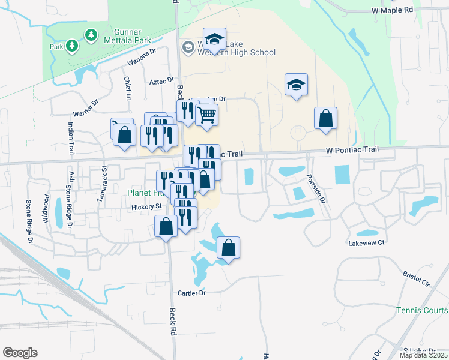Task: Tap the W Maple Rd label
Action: pyautogui.click(x=393, y=10)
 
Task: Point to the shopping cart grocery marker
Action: pyautogui.click(x=206, y=114)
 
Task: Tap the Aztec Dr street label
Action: pyautogui.click(x=161, y=80)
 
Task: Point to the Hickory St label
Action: pyautogui.click(x=147, y=206)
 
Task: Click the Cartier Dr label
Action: pyautogui.click(x=192, y=293)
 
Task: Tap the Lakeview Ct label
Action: pyautogui.click(x=366, y=243)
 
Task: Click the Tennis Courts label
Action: pyautogui.click(x=421, y=310)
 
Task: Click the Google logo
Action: pyautogui.click(x=20, y=353)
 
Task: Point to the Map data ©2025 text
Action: pyautogui.click(x=424, y=355)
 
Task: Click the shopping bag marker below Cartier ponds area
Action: pyautogui.click(x=228, y=247)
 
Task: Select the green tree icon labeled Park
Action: pyautogui.click(x=71, y=46)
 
